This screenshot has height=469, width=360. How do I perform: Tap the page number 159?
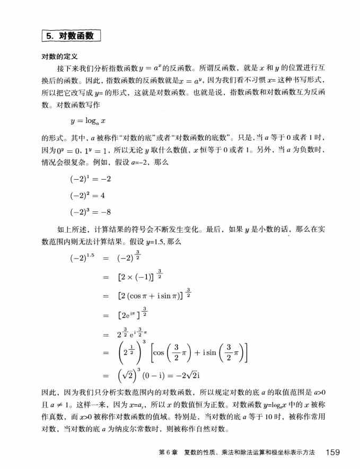333,452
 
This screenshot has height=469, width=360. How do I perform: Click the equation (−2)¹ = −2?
90,180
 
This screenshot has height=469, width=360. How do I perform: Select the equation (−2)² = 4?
87,196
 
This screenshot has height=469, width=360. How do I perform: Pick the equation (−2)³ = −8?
90,212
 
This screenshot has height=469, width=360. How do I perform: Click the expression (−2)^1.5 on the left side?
81,259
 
